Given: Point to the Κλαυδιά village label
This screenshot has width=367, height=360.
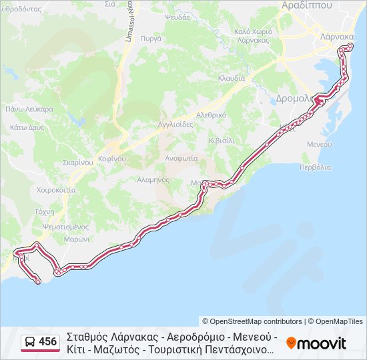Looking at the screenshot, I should (232, 78).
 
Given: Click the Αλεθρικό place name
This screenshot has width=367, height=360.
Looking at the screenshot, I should (211, 115).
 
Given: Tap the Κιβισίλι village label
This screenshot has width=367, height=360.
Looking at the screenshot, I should (221, 141).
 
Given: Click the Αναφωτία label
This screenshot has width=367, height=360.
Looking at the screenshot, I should (182, 159).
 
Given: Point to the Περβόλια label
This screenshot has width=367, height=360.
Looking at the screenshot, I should (315, 167).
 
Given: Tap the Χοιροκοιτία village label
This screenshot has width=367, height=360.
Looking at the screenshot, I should (38, 189).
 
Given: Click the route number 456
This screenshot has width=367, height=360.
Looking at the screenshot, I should (48, 342).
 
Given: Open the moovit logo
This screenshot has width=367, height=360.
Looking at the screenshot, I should (316, 343).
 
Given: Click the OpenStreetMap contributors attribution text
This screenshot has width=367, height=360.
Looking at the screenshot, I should (252, 321).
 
